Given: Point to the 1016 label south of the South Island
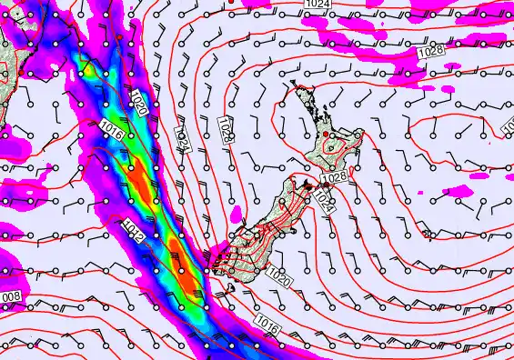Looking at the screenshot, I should point(267,323).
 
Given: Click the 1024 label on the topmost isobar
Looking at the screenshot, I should point(317,5).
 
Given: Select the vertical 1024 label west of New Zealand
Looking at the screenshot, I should point(182,139).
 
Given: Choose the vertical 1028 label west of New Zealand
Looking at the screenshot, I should point(225,128).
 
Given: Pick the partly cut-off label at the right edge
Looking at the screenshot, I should point(508,131).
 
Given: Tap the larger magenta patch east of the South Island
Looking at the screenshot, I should point(459,192).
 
